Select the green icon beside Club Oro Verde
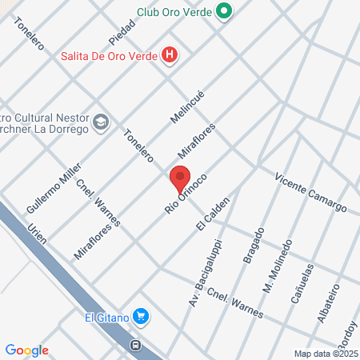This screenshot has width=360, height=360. [225, 11]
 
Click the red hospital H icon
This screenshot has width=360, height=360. [170, 55]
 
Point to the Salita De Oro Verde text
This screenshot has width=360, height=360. [108, 55]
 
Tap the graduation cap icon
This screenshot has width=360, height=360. [101, 122]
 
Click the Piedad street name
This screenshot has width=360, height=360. [122, 32]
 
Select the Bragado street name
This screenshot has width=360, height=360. [255, 249]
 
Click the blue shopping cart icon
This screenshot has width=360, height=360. [141, 316]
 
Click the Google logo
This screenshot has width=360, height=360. [27, 350]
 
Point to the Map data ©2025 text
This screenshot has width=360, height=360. [325, 354]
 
